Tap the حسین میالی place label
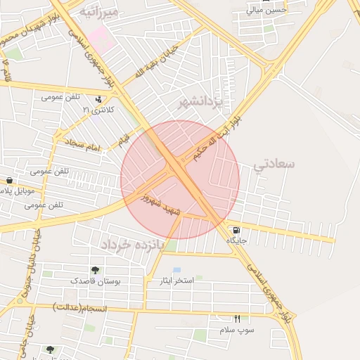point(266,10)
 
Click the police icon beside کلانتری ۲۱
point(106,99)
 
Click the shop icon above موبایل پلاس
point(8,180)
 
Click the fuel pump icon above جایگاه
point(235,229)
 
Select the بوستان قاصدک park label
point(96,281)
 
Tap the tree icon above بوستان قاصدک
point(95,270)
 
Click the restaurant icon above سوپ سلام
point(237,319)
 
